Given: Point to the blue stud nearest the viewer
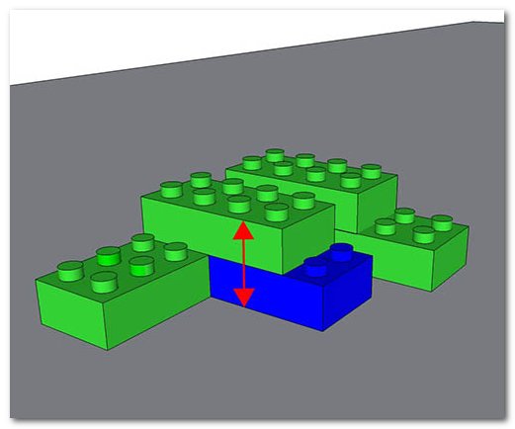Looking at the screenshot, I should pyautogui.click(x=319, y=265).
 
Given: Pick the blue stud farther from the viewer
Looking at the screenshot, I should pyautogui.click(x=342, y=251).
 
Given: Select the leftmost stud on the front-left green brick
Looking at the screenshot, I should pyautogui.click(x=70, y=267).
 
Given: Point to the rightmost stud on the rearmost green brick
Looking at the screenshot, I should pyautogui.click(x=370, y=170).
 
